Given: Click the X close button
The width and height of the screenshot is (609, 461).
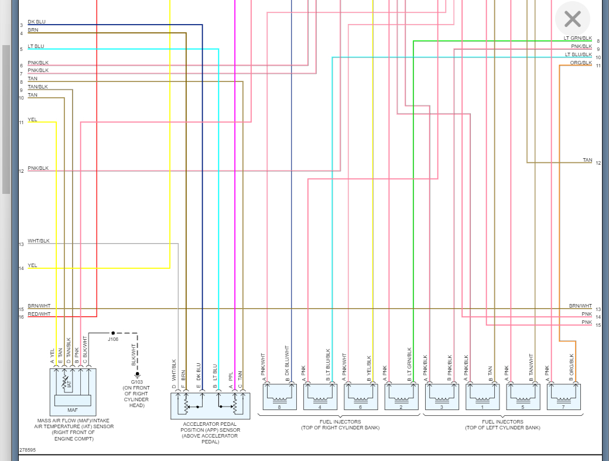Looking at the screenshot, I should click(572, 19).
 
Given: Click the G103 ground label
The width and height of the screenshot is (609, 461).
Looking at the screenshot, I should click(136, 381).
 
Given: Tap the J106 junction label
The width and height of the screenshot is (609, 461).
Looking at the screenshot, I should click(113, 339).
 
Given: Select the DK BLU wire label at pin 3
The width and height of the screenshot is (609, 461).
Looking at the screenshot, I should click(36, 22).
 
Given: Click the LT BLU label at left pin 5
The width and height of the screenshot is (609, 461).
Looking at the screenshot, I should click(36, 46).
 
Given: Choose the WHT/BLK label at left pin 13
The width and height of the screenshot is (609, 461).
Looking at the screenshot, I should click(39, 241).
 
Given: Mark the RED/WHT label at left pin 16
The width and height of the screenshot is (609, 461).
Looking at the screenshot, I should click(39, 314).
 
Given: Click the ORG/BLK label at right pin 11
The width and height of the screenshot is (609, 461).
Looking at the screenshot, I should click(581, 63).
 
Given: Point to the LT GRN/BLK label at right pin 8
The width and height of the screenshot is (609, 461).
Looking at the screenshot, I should click(578, 38).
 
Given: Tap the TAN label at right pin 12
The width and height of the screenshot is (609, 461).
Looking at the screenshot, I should click(587, 160).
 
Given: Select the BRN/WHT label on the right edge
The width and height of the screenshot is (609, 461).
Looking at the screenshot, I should click(580, 306).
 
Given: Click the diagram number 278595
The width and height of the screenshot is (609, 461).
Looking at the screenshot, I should click(28, 450).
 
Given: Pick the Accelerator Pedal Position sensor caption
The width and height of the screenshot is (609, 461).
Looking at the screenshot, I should click(210, 432).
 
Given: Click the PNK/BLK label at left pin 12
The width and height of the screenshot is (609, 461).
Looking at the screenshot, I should click(38, 168).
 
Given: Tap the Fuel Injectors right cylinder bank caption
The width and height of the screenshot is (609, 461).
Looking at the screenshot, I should click(340, 425).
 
